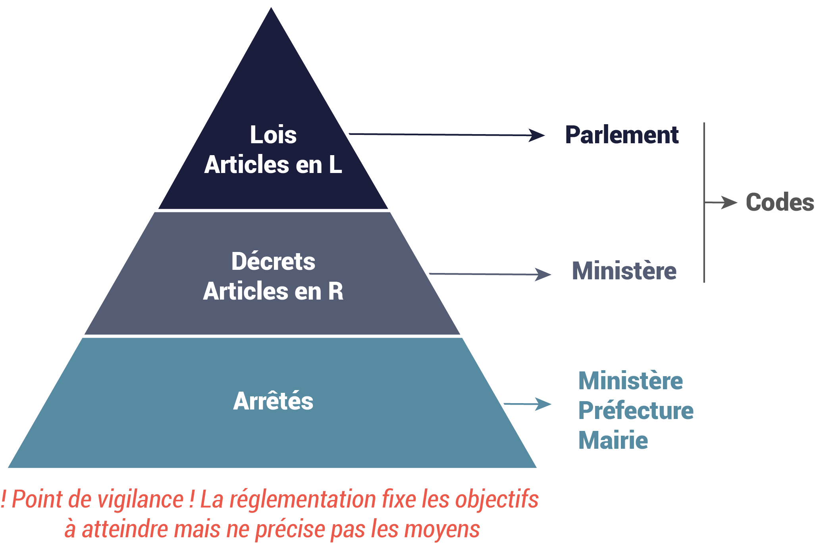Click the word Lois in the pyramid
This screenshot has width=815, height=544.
[x=273, y=135]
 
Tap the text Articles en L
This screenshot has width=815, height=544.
[x=273, y=165]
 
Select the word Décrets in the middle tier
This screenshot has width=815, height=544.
[x=273, y=261]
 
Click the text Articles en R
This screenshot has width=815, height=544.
[x=273, y=291]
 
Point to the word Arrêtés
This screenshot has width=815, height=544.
[x=273, y=401]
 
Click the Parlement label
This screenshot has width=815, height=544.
[x=622, y=135]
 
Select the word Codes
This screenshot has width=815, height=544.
[x=780, y=202]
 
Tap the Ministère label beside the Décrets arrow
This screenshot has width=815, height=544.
[x=624, y=271]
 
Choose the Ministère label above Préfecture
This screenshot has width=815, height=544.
[x=630, y=381]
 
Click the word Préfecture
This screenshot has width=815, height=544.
[x=636, y=410]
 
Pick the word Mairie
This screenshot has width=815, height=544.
[x=613, y=440]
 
